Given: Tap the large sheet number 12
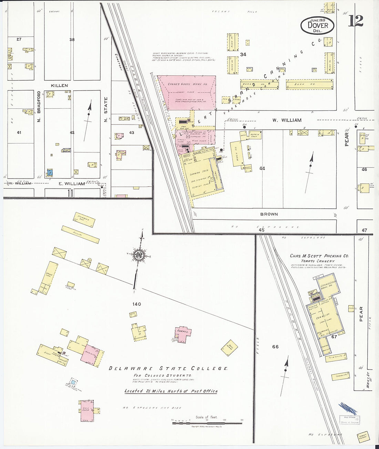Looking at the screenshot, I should click(x=355, y=21).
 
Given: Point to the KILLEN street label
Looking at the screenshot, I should click(x=60, y=85).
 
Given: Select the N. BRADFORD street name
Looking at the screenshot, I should click(x=39, y=107).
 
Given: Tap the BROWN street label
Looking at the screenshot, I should click(x=269, y=214).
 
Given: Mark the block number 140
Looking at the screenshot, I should click(x=136, y=304).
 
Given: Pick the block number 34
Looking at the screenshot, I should click(x=243, y=54).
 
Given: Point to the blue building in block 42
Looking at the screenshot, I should click(x=50, y=172).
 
